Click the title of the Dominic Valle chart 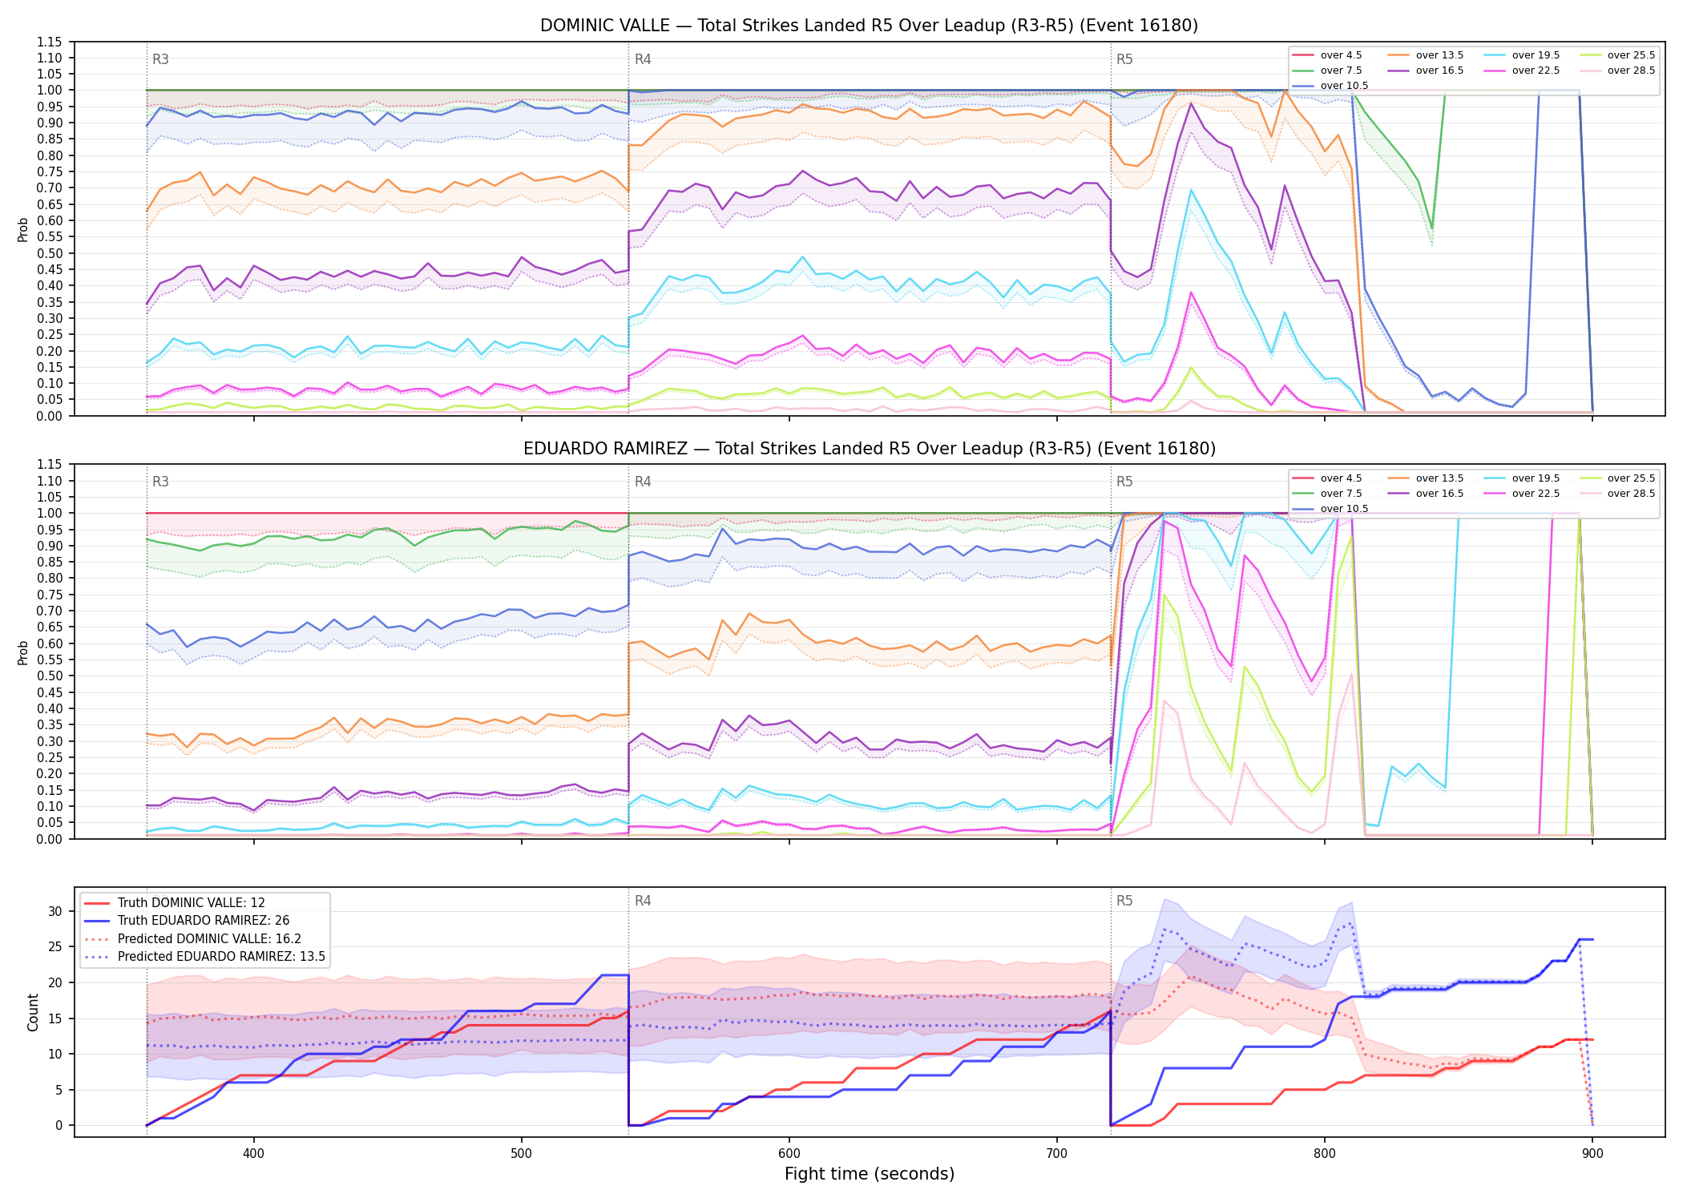pos(869,26)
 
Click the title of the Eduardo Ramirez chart pos(870,449)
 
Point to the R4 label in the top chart pos(643,59)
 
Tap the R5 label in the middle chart pos(1124,482)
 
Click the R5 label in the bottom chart pos(1124,901)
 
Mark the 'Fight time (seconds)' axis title pos(870,1174)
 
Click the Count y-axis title pos(33,1012)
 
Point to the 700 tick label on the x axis pos(1057,1153)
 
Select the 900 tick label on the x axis pos(1592,1153)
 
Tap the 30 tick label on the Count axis pos(55,911)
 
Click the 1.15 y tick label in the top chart pos(50,42)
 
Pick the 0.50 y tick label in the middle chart pos(50,676)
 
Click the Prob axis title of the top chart pos(23,229)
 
